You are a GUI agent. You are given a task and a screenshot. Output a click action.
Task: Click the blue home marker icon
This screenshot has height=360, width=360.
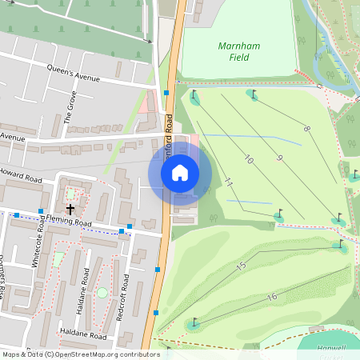pos(180,172)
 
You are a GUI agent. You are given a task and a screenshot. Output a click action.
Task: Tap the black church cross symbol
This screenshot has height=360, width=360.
pos(70,209)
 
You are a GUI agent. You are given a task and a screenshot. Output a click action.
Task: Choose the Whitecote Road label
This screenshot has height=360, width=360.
pos(41,237)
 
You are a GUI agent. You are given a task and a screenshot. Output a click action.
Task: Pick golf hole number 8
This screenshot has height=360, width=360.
pos(306,128)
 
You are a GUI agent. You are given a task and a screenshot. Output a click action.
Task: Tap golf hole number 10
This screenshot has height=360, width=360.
pos(248,161)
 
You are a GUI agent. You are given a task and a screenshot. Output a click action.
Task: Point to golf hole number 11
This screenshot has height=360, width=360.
pos(228,183)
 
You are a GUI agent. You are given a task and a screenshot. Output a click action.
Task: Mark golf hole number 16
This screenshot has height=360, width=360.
pos(272,297)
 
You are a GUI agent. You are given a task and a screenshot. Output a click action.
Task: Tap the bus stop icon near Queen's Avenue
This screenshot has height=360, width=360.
pos(166,93)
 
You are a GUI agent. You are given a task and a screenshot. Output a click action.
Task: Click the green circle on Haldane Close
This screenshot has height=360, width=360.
pos(102,293)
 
